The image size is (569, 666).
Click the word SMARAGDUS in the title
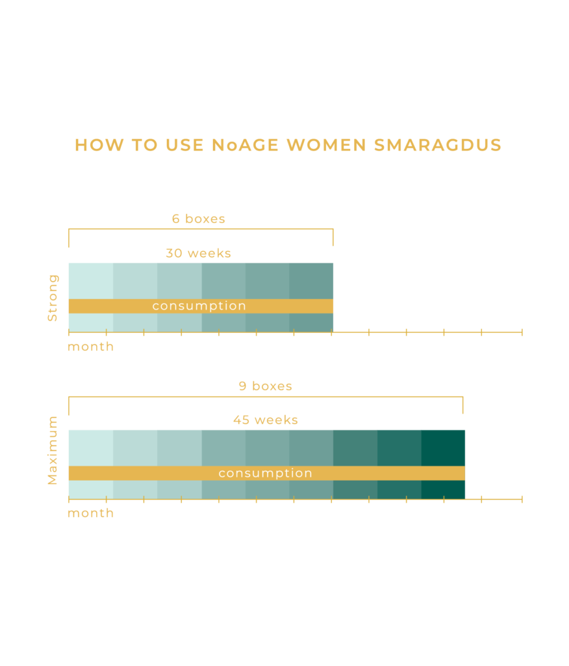(438, 145)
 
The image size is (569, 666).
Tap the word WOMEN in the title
(327, 145)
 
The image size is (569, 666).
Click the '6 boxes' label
(198, 219)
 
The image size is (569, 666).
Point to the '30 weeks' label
(198, 254)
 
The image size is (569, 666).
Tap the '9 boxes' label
(265, 386)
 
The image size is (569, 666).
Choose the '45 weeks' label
(265, 420)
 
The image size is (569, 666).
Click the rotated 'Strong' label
(53, 298)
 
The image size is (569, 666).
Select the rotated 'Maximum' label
(53, 450)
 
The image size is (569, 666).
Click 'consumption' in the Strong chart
(199, 306)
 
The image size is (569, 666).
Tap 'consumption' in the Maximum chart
(266, 473)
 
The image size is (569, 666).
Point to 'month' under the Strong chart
(90, 347)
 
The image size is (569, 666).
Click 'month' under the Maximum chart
(90, 513)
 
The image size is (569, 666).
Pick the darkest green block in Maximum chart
(444, 447)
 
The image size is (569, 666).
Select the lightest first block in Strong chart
(91, 280)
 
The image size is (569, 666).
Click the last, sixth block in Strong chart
(311, 280)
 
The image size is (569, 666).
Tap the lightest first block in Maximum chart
(91, 447)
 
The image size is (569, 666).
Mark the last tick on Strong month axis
(521, 332)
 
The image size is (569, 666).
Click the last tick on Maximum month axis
(521, 499)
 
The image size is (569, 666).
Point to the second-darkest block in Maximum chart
(399, 447)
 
